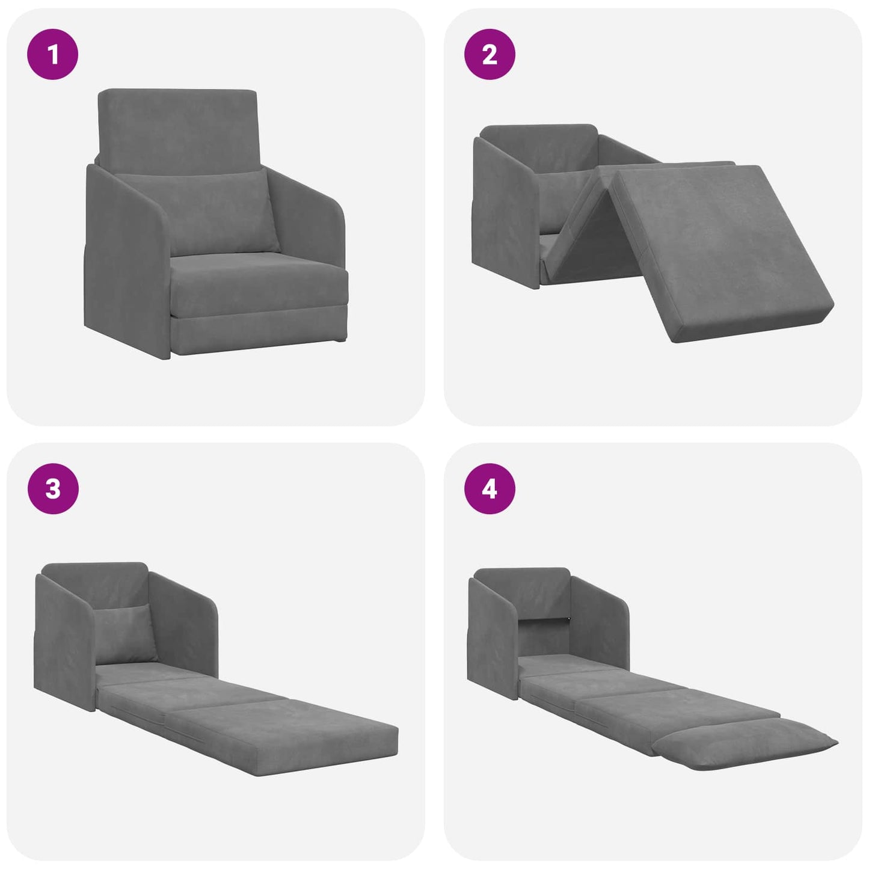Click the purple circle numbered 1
click(x=53, y=54)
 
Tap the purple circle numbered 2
click(x=490, y=54)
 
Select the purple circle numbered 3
click(x=53, y=488)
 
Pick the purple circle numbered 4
click(x=490, y=488)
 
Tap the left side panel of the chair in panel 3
click(x=63, y=643)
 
